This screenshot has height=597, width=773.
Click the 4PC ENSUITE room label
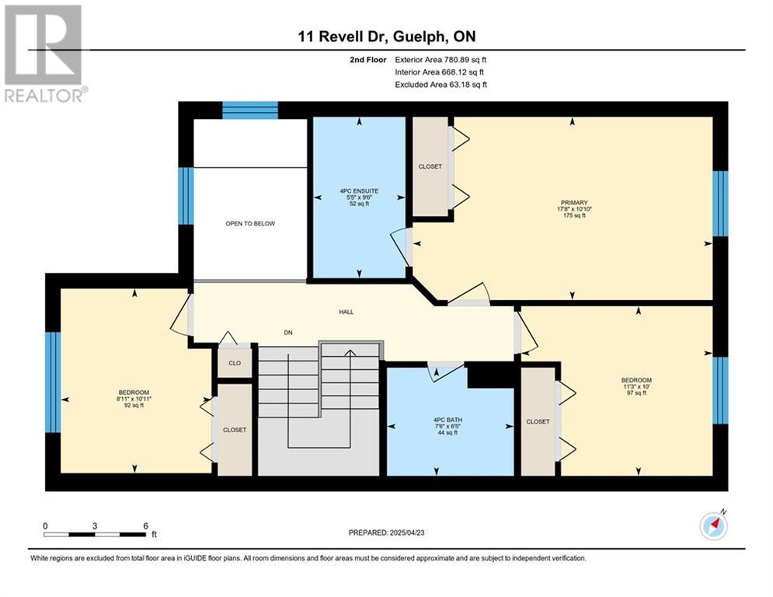click(359, 191)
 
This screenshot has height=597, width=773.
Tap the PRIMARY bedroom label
click(574, 202)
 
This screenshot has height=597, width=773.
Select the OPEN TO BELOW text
click(250, 224)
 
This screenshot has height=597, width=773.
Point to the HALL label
click(346, 312)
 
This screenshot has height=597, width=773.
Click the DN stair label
click(288, 333)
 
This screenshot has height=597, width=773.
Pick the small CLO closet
click(235, 363)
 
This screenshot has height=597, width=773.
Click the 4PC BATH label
click(447, 420)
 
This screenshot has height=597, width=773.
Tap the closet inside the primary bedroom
click(430, 166)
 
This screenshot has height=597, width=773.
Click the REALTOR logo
click(44, 54)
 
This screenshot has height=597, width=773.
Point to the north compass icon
click(713, 526)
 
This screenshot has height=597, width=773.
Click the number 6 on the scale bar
click(145, 525)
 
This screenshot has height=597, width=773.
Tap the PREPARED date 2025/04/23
click(407, 532)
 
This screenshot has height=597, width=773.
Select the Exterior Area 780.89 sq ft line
click(440, 60)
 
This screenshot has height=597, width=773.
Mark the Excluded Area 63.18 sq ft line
click(440, 85)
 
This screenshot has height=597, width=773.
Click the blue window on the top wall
click(250, 110)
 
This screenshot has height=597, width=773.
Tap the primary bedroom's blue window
click(720, 204)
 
